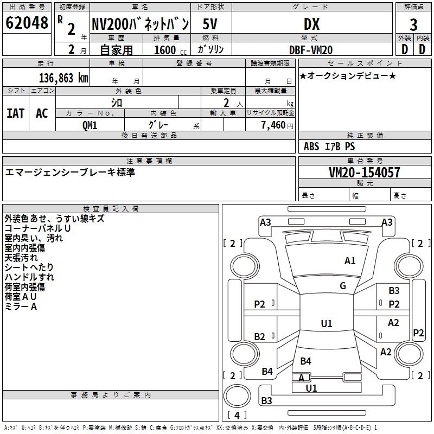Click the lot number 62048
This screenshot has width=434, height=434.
tap(27, 23)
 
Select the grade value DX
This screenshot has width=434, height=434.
tap(311, 24)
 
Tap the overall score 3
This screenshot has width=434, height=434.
tap(413, 25)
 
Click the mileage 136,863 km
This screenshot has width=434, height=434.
tap(63, 78)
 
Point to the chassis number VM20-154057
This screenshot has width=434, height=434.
tap(365, 173)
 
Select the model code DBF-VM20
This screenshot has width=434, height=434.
tap(311, 50)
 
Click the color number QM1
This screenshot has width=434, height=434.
tap(90, 125)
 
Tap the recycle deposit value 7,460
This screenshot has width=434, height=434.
tap(273, 125)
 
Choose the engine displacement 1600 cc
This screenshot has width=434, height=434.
tap(170, 50)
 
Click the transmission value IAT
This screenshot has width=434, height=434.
tap(16, 113)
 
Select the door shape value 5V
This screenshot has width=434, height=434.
tap(210, 24)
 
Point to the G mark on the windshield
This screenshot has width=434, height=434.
tap(343, 286)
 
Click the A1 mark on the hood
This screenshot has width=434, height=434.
tap(350, 261)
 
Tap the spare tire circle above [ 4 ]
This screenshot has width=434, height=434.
tap(237, 396)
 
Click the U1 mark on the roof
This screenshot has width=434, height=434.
tap(327, 323)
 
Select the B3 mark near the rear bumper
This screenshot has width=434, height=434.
tap(266, 400)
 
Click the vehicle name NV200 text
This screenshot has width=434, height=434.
tap(110, 24)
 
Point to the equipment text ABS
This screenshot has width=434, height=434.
tap(311, 146)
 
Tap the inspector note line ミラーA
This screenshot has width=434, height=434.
tap(21, 307)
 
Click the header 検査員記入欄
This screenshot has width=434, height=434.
tap(111, 209)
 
